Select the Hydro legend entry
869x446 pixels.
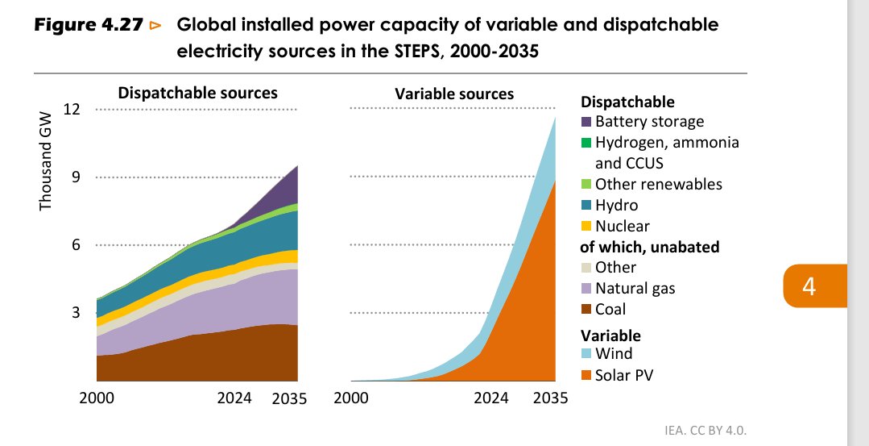[616, 205]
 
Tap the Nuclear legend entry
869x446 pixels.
[622, 226]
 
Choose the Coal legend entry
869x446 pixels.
[610, 309]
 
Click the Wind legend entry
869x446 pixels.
[613, 353]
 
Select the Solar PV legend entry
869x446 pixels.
[623, 375]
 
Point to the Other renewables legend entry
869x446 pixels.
[658, 184]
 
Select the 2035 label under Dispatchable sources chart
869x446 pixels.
[289, 398]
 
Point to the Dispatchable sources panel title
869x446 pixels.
[197, 93]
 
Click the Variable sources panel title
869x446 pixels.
[454, 94]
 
